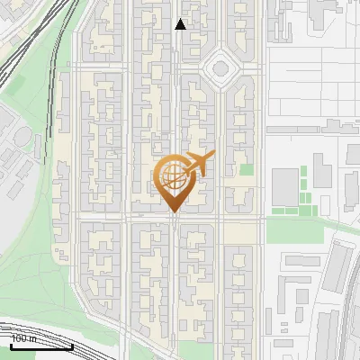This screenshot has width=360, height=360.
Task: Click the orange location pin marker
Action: tap(174, 184)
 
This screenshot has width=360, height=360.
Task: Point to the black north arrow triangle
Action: tap(180, 25)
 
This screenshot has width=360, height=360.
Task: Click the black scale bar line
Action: tap(41, 347)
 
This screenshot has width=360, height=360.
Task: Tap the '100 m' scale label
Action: tap(23, 339)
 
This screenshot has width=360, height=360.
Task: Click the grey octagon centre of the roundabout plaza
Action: tap(219, 68)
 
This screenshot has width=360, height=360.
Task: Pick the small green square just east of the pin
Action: tap(246, 169)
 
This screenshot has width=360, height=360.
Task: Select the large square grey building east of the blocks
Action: tap(284, 185)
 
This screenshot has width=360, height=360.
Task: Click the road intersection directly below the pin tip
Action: tap(174, 216)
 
